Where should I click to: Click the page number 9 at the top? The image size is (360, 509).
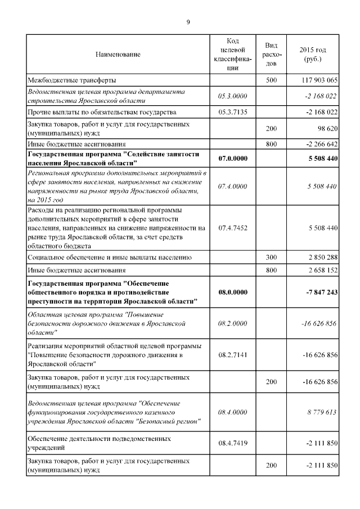[188, 22]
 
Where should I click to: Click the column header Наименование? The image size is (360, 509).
[118, 55]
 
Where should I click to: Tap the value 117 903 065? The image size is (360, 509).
[319, 80]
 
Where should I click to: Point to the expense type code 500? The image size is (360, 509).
[271, 80]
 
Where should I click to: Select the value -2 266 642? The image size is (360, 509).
[320, 144]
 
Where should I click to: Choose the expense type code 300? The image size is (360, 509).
[271, 257]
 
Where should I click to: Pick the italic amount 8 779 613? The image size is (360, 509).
[322, 412]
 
